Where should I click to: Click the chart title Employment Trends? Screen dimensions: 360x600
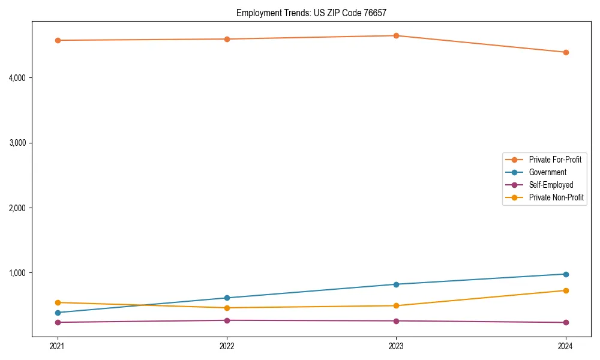(316, 13)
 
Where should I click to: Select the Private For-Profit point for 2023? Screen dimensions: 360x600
(397, 35)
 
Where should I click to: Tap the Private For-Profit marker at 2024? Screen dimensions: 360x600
(566, 52)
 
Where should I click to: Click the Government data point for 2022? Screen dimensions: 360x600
(227, 298)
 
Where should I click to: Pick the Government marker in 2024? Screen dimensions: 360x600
(566, 274)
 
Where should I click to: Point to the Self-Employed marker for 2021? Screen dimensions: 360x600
(58, 322)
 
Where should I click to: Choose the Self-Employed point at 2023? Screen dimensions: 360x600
(397, 321)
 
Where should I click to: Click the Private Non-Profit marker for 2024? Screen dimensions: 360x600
(566, 290)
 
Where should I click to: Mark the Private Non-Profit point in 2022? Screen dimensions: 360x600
(227, 308)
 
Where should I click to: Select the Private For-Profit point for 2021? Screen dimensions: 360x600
(58, 40)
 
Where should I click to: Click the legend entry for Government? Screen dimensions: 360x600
(547, 172)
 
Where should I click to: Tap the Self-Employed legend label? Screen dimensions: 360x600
(551, 185)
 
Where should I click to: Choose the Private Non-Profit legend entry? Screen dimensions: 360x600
(556, 197)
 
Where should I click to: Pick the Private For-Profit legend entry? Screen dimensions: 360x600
(555, 160)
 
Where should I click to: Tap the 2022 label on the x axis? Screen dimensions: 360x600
(227, 346)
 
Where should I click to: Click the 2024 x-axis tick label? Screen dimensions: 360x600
(566, 346)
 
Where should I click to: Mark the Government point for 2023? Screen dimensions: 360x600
(397, 284)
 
